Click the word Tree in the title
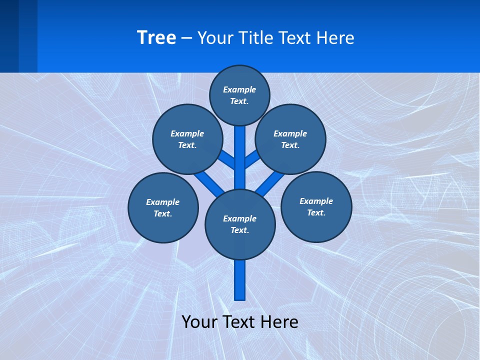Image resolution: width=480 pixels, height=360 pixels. (x=156, y=37)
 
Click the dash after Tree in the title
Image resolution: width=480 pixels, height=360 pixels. (x=186, y=38)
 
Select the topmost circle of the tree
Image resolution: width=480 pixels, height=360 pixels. (x=239, y=95)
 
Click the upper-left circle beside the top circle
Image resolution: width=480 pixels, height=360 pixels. (x=187, y=139)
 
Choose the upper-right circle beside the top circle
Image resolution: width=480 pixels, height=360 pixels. (x=290, y=139)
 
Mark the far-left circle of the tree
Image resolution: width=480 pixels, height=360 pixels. (x=163, y=207)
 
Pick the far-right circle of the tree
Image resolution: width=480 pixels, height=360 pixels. (x=316, y=206)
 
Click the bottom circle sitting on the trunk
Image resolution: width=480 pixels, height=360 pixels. (x=240, y=224)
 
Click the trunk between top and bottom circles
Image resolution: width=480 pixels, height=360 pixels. (x=240, y=160)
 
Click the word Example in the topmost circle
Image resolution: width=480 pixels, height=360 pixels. (x=239, y=89)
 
